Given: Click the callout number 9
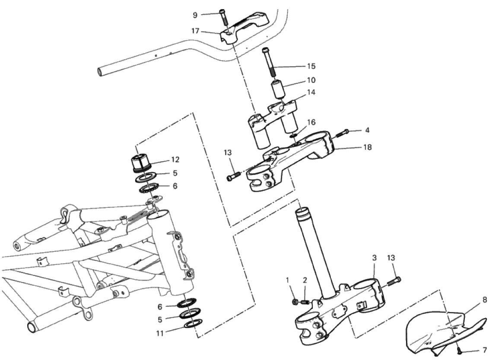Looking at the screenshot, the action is coord(195,15).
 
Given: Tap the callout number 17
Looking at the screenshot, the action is coord(195,31).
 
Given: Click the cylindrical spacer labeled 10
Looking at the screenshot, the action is coord(278,90).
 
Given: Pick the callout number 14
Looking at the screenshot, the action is coord(311,92).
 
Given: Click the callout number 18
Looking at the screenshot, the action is coord(368,147).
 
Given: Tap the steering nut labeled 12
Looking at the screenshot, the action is coord(141,163).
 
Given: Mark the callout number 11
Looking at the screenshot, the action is coord(160,333).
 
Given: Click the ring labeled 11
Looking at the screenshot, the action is coord(194,324).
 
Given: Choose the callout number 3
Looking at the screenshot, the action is coord(374,258).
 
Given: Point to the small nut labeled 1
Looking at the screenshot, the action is coord(295,301).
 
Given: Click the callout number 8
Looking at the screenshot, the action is coord(485,300).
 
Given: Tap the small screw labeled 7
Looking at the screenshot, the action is coord(459,351).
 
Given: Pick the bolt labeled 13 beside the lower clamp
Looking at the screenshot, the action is coord(394,281).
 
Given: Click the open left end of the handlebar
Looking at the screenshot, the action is coord(100,71).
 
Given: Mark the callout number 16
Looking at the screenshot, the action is coord(311,122).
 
